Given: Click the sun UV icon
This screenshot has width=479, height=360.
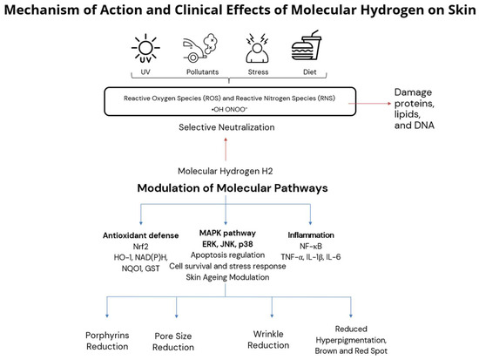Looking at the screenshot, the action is click(x=145, y=48).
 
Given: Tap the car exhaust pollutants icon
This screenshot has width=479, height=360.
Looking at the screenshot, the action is click(x=200, y=48).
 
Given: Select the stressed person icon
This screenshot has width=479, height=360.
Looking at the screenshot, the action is click(x=258, y=48).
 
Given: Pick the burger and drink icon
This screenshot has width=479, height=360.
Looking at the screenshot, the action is click(x=307, y=45).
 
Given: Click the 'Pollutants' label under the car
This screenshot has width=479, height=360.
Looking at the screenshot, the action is click(x=203, y=71).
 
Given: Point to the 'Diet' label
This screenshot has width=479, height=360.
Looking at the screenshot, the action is click(x=309, y=71).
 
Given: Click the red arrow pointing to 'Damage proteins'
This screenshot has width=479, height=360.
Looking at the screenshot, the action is click(x=369, y=104).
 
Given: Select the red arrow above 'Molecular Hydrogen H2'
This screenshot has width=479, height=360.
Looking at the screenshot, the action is click(x=226, y=149).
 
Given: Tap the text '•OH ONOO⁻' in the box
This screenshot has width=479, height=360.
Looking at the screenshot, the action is click(x=230, y=110).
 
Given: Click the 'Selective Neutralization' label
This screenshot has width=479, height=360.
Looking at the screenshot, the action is click(x=226, y=127).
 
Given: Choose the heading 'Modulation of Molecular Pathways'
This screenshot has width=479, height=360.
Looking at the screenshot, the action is click(x=233, y=187).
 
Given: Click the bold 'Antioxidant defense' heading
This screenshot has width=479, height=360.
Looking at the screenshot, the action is click(x=140, y=235).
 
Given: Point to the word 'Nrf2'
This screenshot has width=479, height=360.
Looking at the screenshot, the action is click(x=140, y=246).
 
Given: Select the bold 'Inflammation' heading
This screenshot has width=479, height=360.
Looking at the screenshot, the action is click(x=311, y=234).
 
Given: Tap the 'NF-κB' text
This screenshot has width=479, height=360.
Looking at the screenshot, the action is click(x=311, y=246).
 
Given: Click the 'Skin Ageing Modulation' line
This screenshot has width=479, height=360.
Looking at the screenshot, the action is click(x=227, y=277).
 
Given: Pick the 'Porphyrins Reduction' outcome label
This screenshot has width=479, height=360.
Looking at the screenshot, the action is click(x=107, y=341).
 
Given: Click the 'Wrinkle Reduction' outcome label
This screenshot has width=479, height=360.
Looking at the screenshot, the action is click(x=268, y=339).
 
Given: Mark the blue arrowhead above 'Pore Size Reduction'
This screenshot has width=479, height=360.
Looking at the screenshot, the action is click(x=176, y=316).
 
